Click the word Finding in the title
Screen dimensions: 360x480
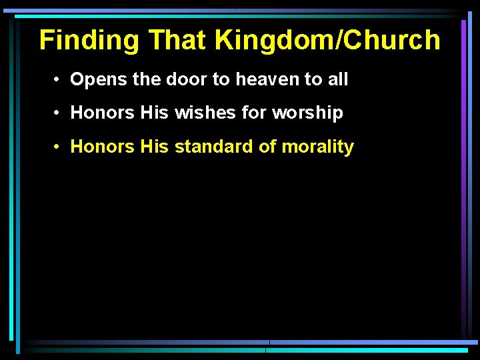(x=89, y=41)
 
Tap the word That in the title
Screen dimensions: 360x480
(x=177, y=41)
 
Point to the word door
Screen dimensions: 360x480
(x=183, y=80)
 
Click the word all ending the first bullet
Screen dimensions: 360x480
(x=337, y=80)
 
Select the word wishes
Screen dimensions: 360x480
(x=205, y=113)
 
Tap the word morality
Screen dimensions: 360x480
(x=318, y=147)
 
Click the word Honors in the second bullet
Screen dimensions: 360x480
(x=103, y=113)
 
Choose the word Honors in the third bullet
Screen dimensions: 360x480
(x=103, y=147)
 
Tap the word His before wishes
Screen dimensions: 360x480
(x=155, y=113)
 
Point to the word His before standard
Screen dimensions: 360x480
(x=155, y=147)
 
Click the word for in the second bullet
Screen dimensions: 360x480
(x=254, y=113)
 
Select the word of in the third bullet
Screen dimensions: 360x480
(x=267, y=147)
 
